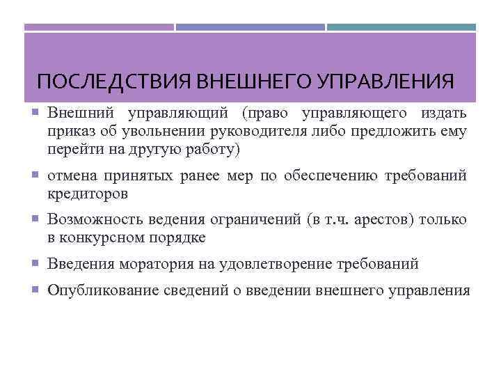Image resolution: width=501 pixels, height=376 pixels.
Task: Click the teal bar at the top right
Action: click(401, 28)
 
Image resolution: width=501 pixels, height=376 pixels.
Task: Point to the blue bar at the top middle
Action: click(250, 28)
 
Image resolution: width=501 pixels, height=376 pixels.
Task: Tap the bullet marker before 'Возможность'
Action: click(37, 220)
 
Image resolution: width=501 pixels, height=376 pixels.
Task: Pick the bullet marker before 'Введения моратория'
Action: click(37, 265)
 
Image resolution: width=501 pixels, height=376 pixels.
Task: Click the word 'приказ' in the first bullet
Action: click(68, 131)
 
